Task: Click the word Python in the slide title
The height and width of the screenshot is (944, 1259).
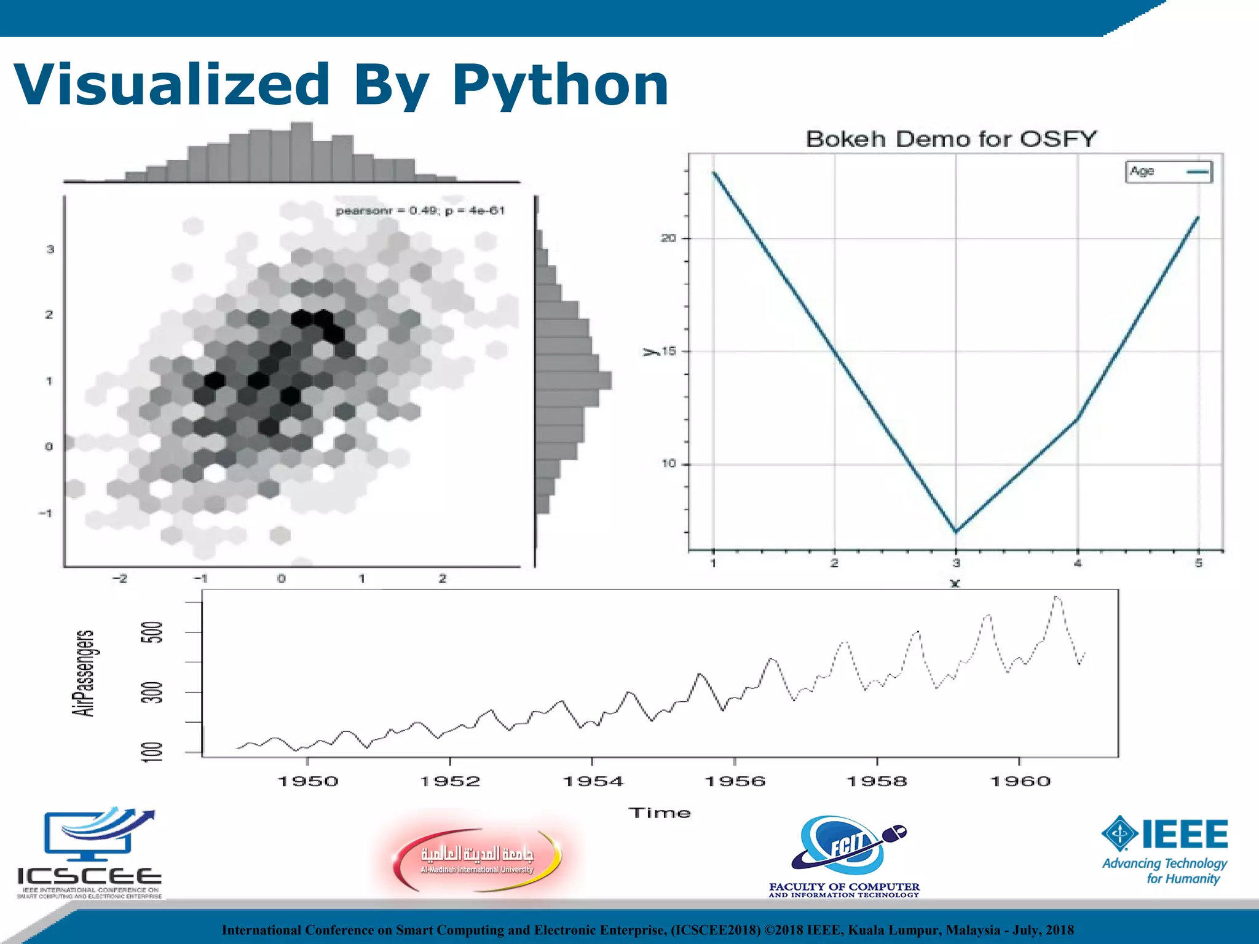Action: (560, 86)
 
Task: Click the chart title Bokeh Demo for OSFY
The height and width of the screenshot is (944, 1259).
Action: (950, 139)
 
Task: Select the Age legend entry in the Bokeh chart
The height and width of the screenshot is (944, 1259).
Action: (1168, 171)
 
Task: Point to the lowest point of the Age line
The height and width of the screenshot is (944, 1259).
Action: (956, 532)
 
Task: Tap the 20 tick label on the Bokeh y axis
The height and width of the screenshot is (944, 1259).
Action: (668, 238)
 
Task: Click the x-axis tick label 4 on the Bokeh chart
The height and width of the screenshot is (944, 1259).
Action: (1077, 563)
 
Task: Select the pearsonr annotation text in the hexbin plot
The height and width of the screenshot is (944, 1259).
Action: (420, 211)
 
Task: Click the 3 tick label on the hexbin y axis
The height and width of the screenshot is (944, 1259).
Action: (50, 250)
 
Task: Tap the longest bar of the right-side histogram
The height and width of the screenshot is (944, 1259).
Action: (573, 380)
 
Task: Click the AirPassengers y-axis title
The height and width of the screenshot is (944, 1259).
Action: (84, 673)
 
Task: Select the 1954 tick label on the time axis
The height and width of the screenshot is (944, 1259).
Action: (593, 781)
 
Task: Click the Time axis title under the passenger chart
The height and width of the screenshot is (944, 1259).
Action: (659, 813)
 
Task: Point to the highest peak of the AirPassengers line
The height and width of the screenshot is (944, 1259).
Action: (1056, 597)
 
